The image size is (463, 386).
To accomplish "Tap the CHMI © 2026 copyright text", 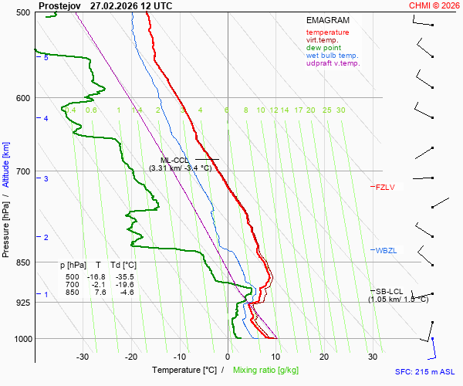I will [434, 5].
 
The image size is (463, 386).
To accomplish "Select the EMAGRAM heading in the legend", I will [327, 20].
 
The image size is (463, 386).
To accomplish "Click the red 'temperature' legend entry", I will [327, 32].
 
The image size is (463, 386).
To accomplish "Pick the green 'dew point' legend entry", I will [323, 48].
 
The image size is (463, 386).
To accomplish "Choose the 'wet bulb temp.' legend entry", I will [332, 56].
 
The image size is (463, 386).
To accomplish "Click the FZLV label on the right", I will [385, 187].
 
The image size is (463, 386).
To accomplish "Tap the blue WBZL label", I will [386, 251].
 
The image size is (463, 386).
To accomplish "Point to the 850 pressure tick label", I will [23, 262].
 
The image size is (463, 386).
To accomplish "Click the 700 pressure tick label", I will [23, 171].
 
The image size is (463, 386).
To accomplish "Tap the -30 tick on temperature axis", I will [83, 357].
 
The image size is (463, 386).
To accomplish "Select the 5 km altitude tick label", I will [46, 58].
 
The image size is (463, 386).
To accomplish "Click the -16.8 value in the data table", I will [96, 277].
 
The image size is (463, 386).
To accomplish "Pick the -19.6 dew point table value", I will [123, 285].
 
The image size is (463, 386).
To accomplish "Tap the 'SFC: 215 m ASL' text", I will [424, 371].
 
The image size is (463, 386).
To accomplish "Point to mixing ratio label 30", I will [340, 110].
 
